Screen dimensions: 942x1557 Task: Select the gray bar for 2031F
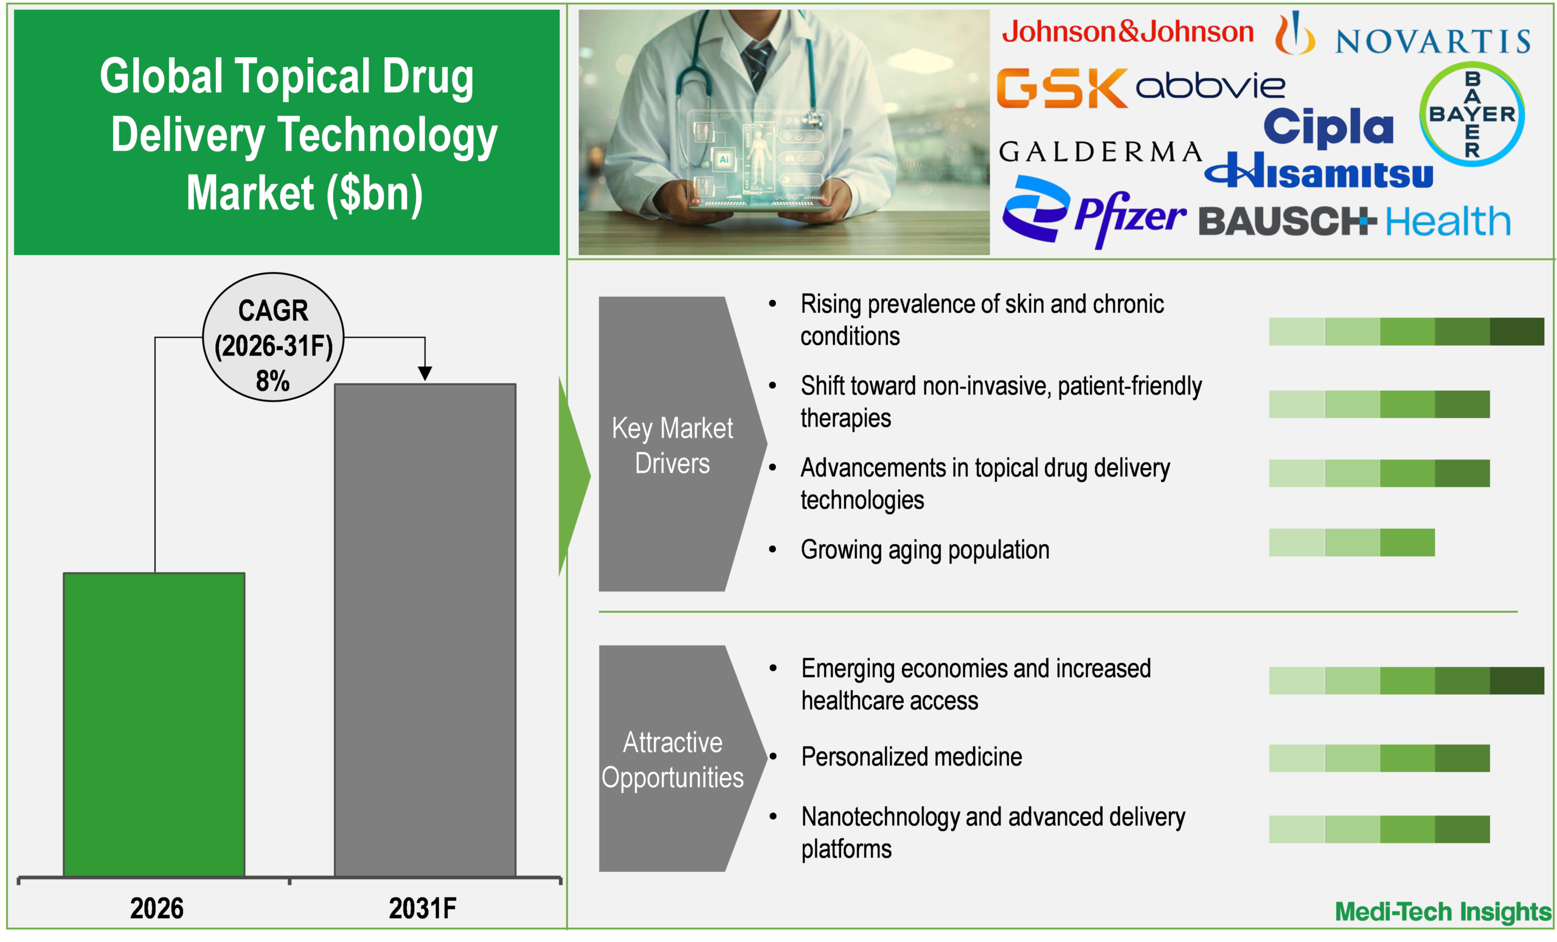425,629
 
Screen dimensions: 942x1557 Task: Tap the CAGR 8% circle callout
273,337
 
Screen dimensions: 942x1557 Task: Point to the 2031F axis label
422,909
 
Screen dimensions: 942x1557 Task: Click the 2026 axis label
156,909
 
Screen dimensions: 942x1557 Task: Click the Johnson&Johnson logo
1128,32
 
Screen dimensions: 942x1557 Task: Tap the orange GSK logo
1061,88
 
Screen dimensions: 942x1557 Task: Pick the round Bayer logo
1472,114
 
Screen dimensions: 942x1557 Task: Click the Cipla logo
1328,127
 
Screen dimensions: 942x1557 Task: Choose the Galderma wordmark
1100,152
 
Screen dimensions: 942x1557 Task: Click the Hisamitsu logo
1319,172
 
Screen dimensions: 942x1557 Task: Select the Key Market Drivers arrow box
672,444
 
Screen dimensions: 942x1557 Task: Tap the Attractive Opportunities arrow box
672,759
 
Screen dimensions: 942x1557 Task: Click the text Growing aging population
924,550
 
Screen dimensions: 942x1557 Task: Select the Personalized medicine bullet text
911,757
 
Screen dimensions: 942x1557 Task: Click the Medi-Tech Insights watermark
1442,912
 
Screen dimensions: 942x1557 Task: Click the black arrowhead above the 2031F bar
425,373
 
